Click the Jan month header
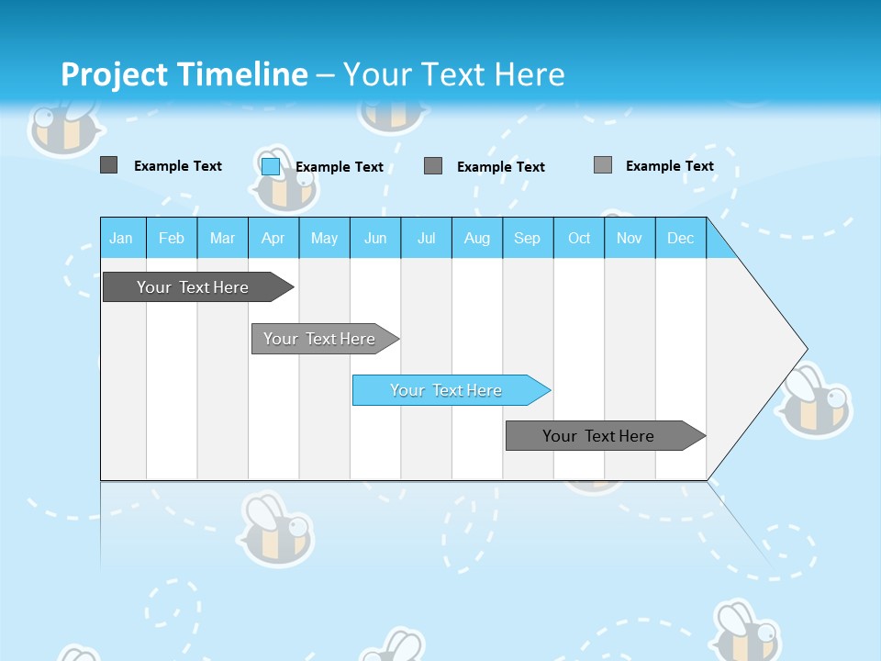tap(121, 238)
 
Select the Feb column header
tap(172, 238)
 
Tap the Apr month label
tap(273, 238)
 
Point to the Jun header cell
tap(375, 238)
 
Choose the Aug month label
tap(477, 238)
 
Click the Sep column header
tap(528, 238)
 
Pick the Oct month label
tap(579, 238)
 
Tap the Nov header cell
tap(630, 238)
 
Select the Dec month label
tap(681, 238)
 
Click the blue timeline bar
tap(446, 390)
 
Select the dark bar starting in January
tap(193, 287)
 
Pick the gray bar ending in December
tap(598, 436)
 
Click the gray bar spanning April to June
tap(319, 339)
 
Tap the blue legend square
tap(271, 166)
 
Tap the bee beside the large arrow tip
tap(815, 402)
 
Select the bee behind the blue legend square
tap(286, 182)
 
